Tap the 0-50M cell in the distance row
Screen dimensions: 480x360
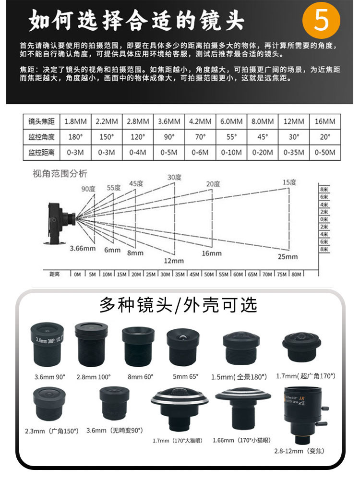coord(325,153)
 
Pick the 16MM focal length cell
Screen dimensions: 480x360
coord(325,121)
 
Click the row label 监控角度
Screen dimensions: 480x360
coord(42,137)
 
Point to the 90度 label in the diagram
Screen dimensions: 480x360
coord(88,189)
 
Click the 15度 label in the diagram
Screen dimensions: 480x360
coord(289,182)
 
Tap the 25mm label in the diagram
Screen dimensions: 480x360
coord(288,256)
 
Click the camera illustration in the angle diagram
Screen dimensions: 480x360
coord(60,220)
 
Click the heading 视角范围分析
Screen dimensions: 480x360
coord(60,173)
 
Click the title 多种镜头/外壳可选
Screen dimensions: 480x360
coord(179,305)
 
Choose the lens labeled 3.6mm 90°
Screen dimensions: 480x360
coord(47,344)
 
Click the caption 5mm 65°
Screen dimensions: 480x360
coord(185,376)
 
